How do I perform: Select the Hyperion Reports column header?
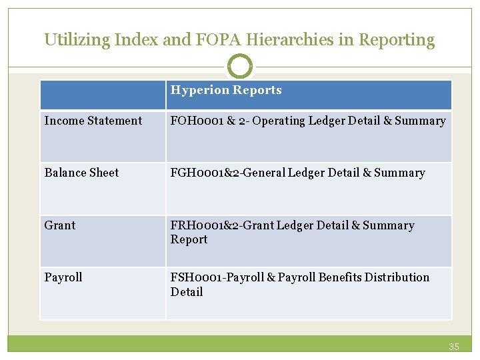point(226,90)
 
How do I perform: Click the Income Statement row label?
point(93,121)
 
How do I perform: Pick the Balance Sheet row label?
point(81,173)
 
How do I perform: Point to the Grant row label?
point(60,225)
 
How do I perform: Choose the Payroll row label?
point(63,277)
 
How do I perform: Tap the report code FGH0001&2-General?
point(222,173)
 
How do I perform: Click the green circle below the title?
point(240,67)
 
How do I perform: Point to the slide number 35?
point(454,347)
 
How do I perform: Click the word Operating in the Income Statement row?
point(279,121)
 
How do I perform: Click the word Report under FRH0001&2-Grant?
point(189,239)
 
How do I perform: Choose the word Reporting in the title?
point(397,40)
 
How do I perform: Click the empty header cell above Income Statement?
point(103,95)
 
